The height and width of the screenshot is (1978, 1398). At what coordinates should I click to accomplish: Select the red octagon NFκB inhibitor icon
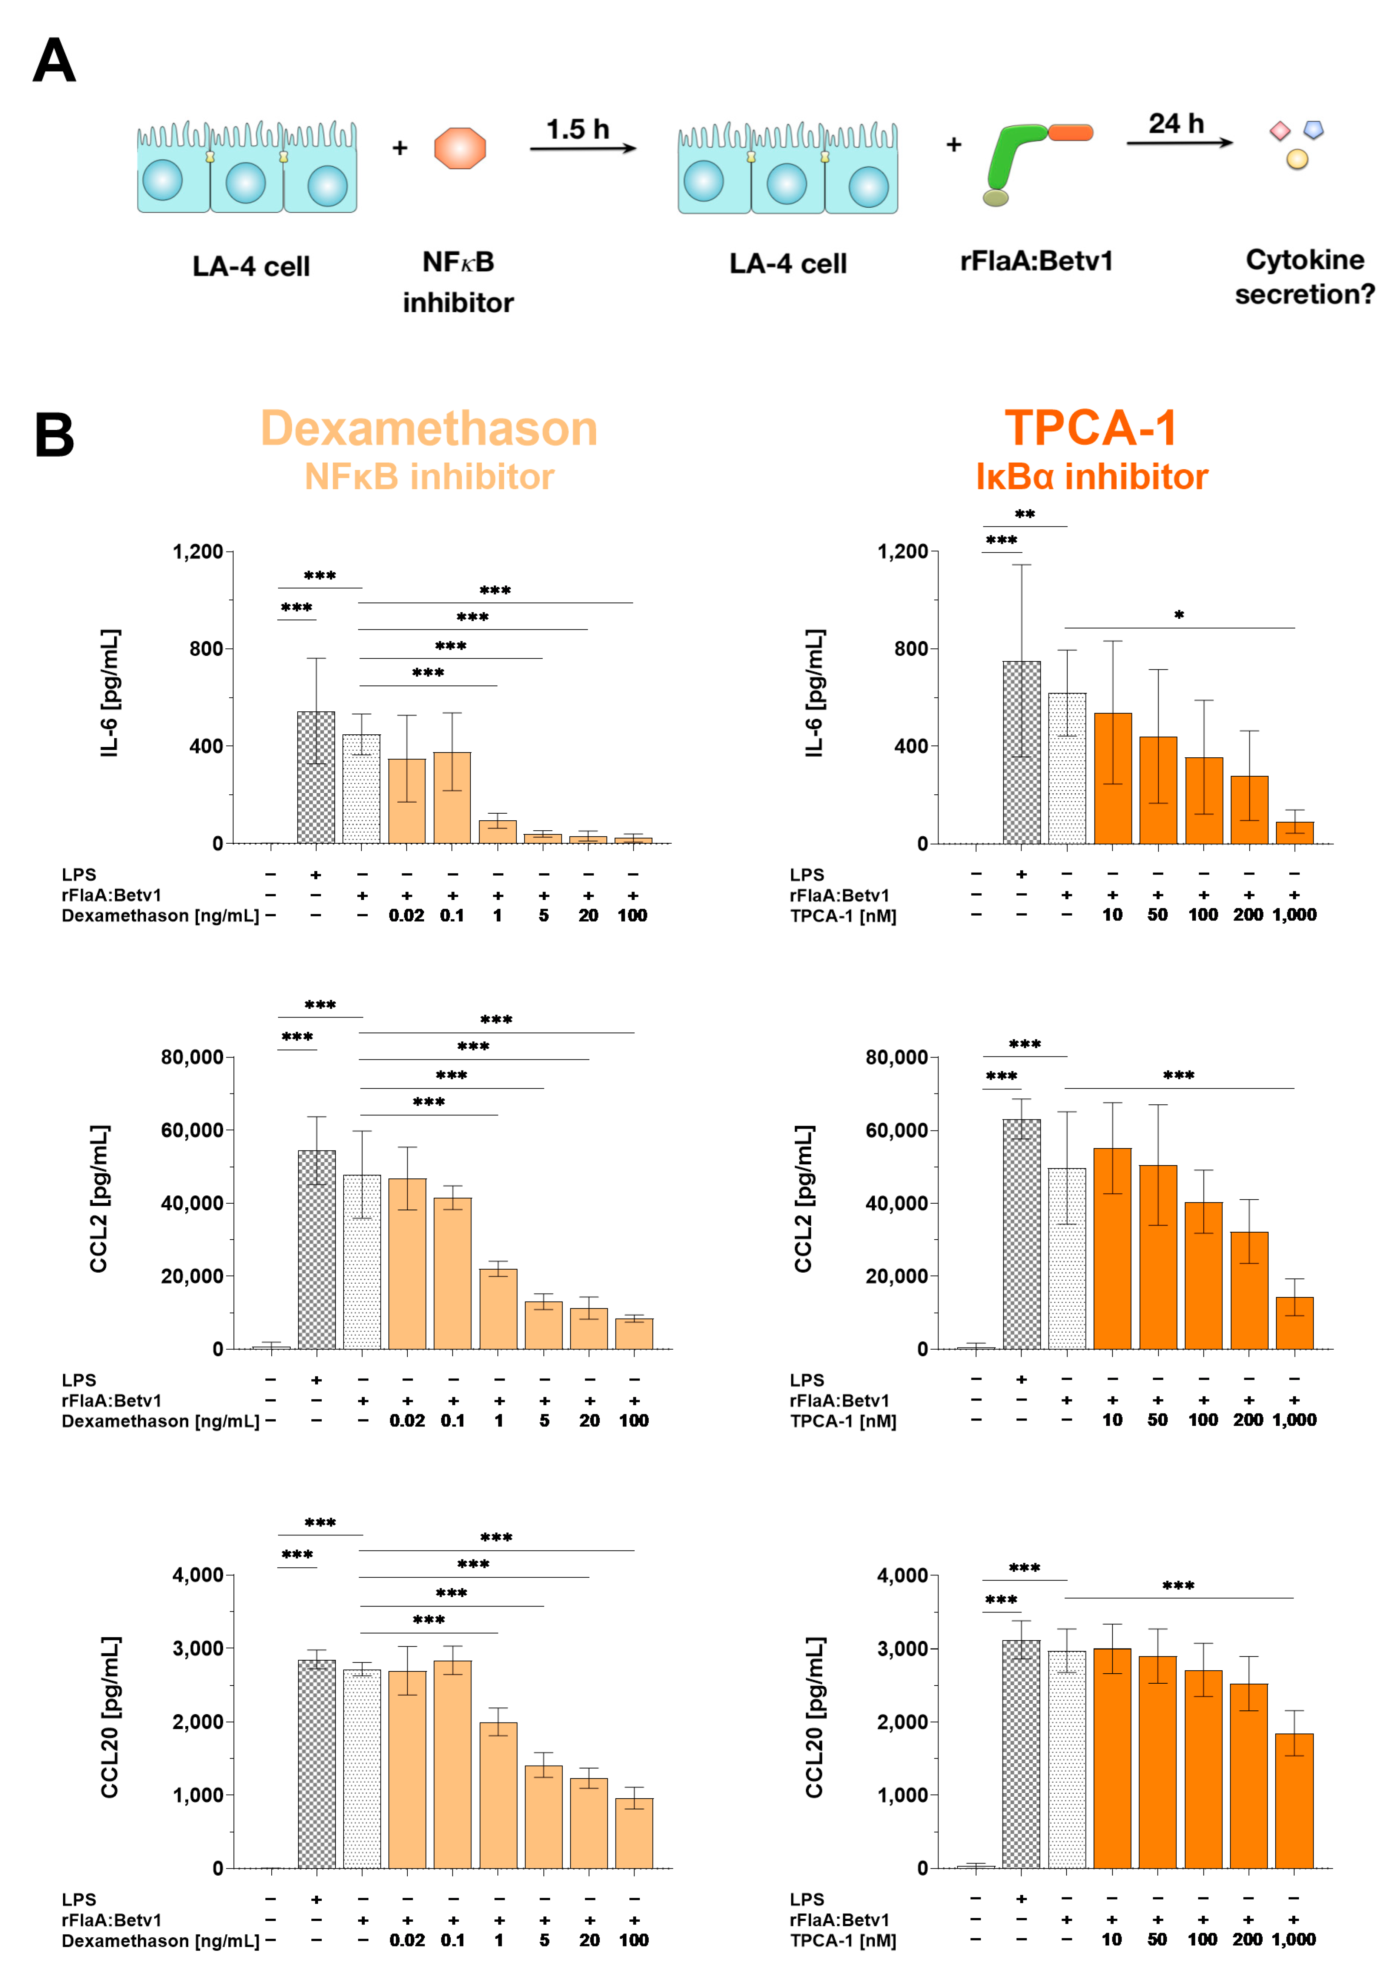pyautogui.click(x=460, y=148)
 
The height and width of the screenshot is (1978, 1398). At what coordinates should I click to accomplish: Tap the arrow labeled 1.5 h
pyautogui.click(x=582, y=148)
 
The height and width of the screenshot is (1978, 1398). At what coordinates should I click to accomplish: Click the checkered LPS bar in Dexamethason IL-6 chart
pyautogui.click(x=316, y=777)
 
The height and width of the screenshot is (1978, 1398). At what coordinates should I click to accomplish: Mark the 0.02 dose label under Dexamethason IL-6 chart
pyautogui.click(x=407, y=915)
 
